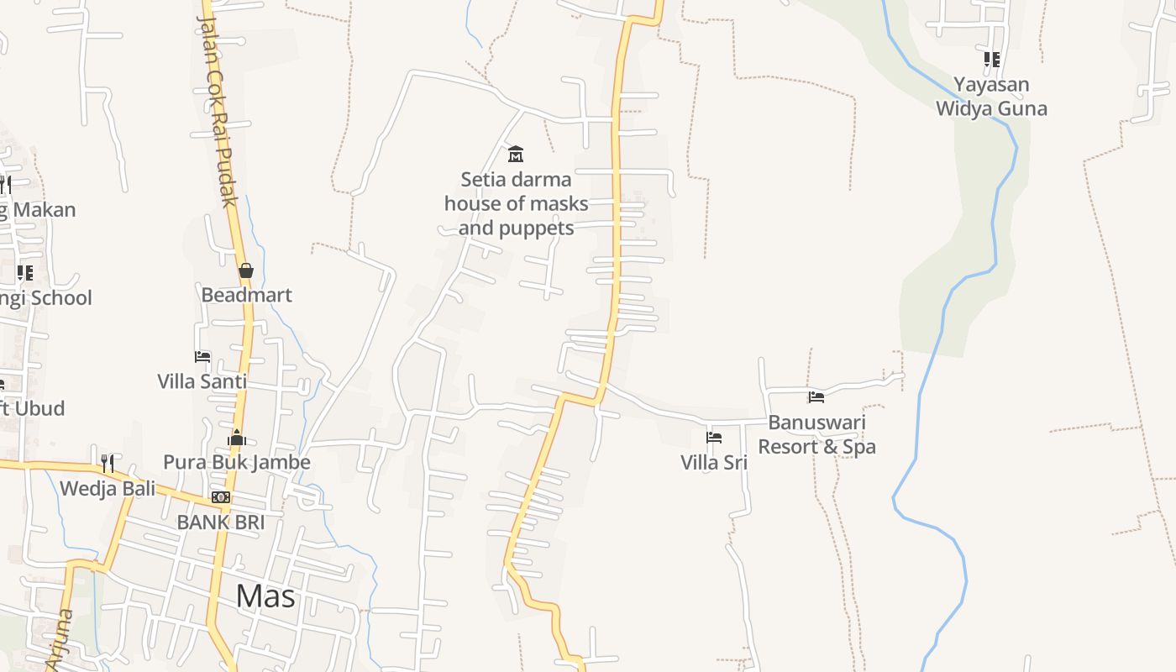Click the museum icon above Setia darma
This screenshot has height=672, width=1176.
point(516,154)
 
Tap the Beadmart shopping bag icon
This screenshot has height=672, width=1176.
point(246,270)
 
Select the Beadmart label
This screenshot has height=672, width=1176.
point(246,295)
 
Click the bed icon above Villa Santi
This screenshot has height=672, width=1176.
point(202,356)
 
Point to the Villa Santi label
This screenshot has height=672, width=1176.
point(202,381)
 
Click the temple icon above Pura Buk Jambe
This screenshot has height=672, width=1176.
point(237,438)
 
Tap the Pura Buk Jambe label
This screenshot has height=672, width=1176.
point(237,462)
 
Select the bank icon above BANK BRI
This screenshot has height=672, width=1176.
point(221,497)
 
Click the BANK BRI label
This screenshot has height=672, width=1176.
point(221,522)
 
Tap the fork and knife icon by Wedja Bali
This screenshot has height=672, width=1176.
point(108,463)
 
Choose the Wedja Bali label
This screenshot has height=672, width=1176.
point(108,488)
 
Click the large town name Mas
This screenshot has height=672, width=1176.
point(265,596)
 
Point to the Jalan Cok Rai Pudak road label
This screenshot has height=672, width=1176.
point(217,109)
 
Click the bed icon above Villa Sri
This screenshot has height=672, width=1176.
point(714,438)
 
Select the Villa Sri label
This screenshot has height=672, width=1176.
point(714,462)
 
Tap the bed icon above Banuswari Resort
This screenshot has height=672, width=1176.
point(816,397)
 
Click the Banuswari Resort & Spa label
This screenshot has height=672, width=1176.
point(816,434)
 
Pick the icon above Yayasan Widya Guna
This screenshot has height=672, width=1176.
point(992,60)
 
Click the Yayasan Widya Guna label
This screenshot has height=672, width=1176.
point(991,97)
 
